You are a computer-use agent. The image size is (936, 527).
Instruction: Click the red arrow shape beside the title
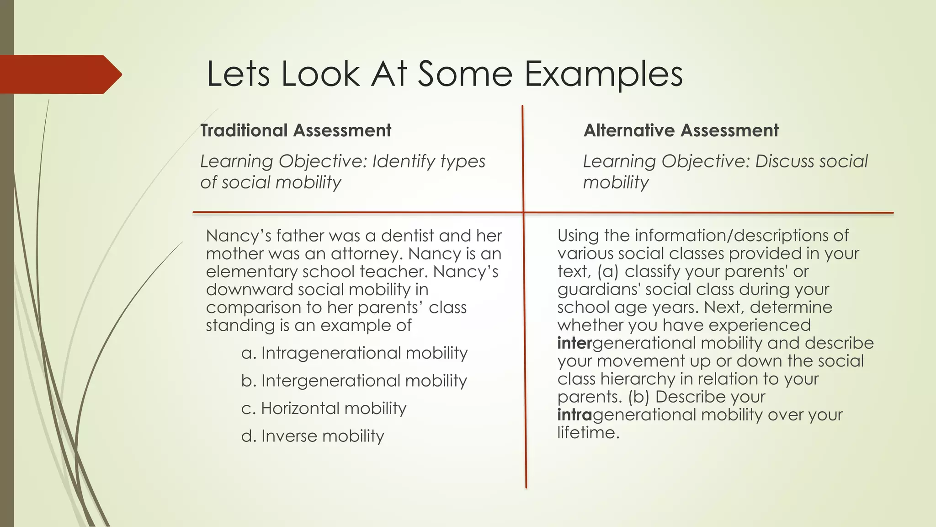click(59, 74)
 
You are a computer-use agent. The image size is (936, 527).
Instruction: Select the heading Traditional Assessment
click(296, 130)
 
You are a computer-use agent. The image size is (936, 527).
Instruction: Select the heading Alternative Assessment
click(681, 130)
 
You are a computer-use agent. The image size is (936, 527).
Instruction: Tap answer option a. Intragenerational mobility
click(354, 353)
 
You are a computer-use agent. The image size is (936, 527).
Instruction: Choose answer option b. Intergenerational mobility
click(354, 381)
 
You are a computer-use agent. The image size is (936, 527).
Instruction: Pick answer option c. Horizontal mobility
click(324, 409)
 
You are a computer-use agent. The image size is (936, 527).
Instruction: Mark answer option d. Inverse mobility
click(313, 436)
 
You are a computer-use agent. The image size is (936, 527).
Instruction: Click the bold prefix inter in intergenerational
click(574, 343)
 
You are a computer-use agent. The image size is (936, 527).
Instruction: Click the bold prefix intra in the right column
click(574, 415)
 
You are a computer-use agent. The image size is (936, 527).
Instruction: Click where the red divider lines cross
click(524, 213)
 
